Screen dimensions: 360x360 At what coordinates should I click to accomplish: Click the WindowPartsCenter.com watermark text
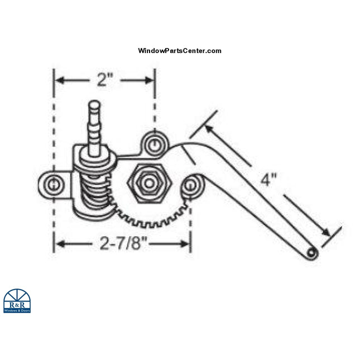coord(179,51)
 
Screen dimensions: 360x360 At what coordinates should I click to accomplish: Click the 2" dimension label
coord(104,80)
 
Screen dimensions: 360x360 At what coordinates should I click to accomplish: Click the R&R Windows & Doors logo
coord(17,301)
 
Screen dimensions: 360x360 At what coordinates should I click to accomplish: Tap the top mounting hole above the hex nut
coord(153,145)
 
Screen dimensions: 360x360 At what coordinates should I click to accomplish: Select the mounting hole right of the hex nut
coord(193,183)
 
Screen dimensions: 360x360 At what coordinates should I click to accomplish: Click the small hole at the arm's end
coord(311,254)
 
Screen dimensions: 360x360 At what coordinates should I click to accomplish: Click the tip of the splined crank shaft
coord(94,104)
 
